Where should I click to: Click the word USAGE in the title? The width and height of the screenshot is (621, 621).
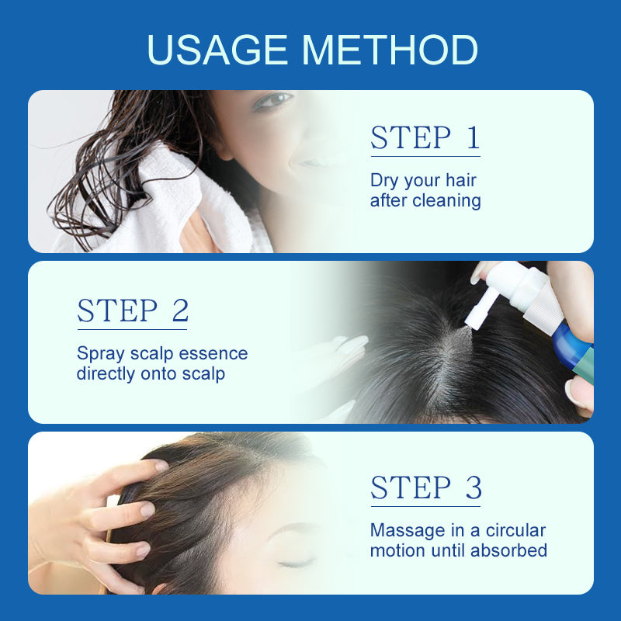(x=217, y=50)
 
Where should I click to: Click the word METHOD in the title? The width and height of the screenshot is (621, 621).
(x=390, y=50)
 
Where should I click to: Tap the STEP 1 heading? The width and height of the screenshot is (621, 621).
(x=425, y=138)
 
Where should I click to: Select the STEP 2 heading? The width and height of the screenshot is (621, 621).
(x=133, y=310)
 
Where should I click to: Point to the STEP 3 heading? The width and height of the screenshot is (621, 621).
(x=426, y=487)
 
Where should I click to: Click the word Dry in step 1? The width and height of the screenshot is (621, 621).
(x=384, y=181)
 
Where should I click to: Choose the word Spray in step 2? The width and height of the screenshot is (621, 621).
(x=101, y=354)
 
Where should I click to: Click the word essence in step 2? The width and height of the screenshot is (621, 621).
(x=213, y=354)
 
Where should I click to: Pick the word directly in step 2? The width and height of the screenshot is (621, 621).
(x=106, y=374)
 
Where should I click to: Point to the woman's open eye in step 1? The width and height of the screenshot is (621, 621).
(x=273, y=100)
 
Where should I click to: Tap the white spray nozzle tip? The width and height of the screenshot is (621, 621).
(x=471, y=321)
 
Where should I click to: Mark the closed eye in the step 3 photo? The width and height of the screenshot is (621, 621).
(x=295, y=563)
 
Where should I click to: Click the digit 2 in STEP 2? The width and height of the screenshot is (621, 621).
(x=181, y=310)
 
